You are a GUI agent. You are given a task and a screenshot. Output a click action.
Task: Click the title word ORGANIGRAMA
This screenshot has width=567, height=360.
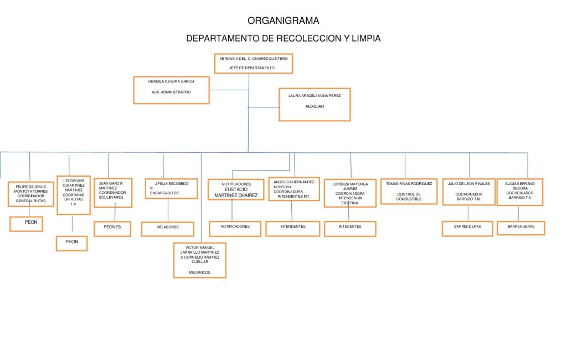283,21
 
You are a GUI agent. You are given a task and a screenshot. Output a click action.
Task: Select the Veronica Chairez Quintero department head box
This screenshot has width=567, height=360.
254,63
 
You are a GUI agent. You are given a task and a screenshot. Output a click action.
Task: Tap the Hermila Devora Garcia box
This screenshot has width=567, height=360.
171,90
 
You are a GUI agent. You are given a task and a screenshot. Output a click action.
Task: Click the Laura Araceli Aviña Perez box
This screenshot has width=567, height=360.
315,104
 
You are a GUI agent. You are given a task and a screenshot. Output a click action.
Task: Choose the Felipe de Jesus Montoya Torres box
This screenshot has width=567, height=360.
31,193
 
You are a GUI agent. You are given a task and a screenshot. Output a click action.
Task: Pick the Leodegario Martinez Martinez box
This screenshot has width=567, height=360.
74,195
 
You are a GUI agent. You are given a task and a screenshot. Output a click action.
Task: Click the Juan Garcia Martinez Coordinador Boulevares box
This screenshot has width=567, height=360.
112,192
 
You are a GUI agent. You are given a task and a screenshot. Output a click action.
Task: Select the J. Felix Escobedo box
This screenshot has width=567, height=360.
171,188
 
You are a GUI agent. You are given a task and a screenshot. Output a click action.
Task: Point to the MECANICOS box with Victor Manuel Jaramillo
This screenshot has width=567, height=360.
199,260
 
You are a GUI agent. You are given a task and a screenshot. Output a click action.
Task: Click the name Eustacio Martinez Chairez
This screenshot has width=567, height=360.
236,192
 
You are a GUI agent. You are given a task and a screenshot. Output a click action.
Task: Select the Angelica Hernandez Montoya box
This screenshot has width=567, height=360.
293,189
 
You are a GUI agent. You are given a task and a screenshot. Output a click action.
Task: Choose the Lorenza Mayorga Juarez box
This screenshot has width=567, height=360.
350,193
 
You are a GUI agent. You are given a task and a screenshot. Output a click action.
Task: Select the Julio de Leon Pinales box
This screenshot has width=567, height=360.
468,192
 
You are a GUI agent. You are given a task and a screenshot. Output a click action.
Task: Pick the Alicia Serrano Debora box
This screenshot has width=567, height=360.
519,192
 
